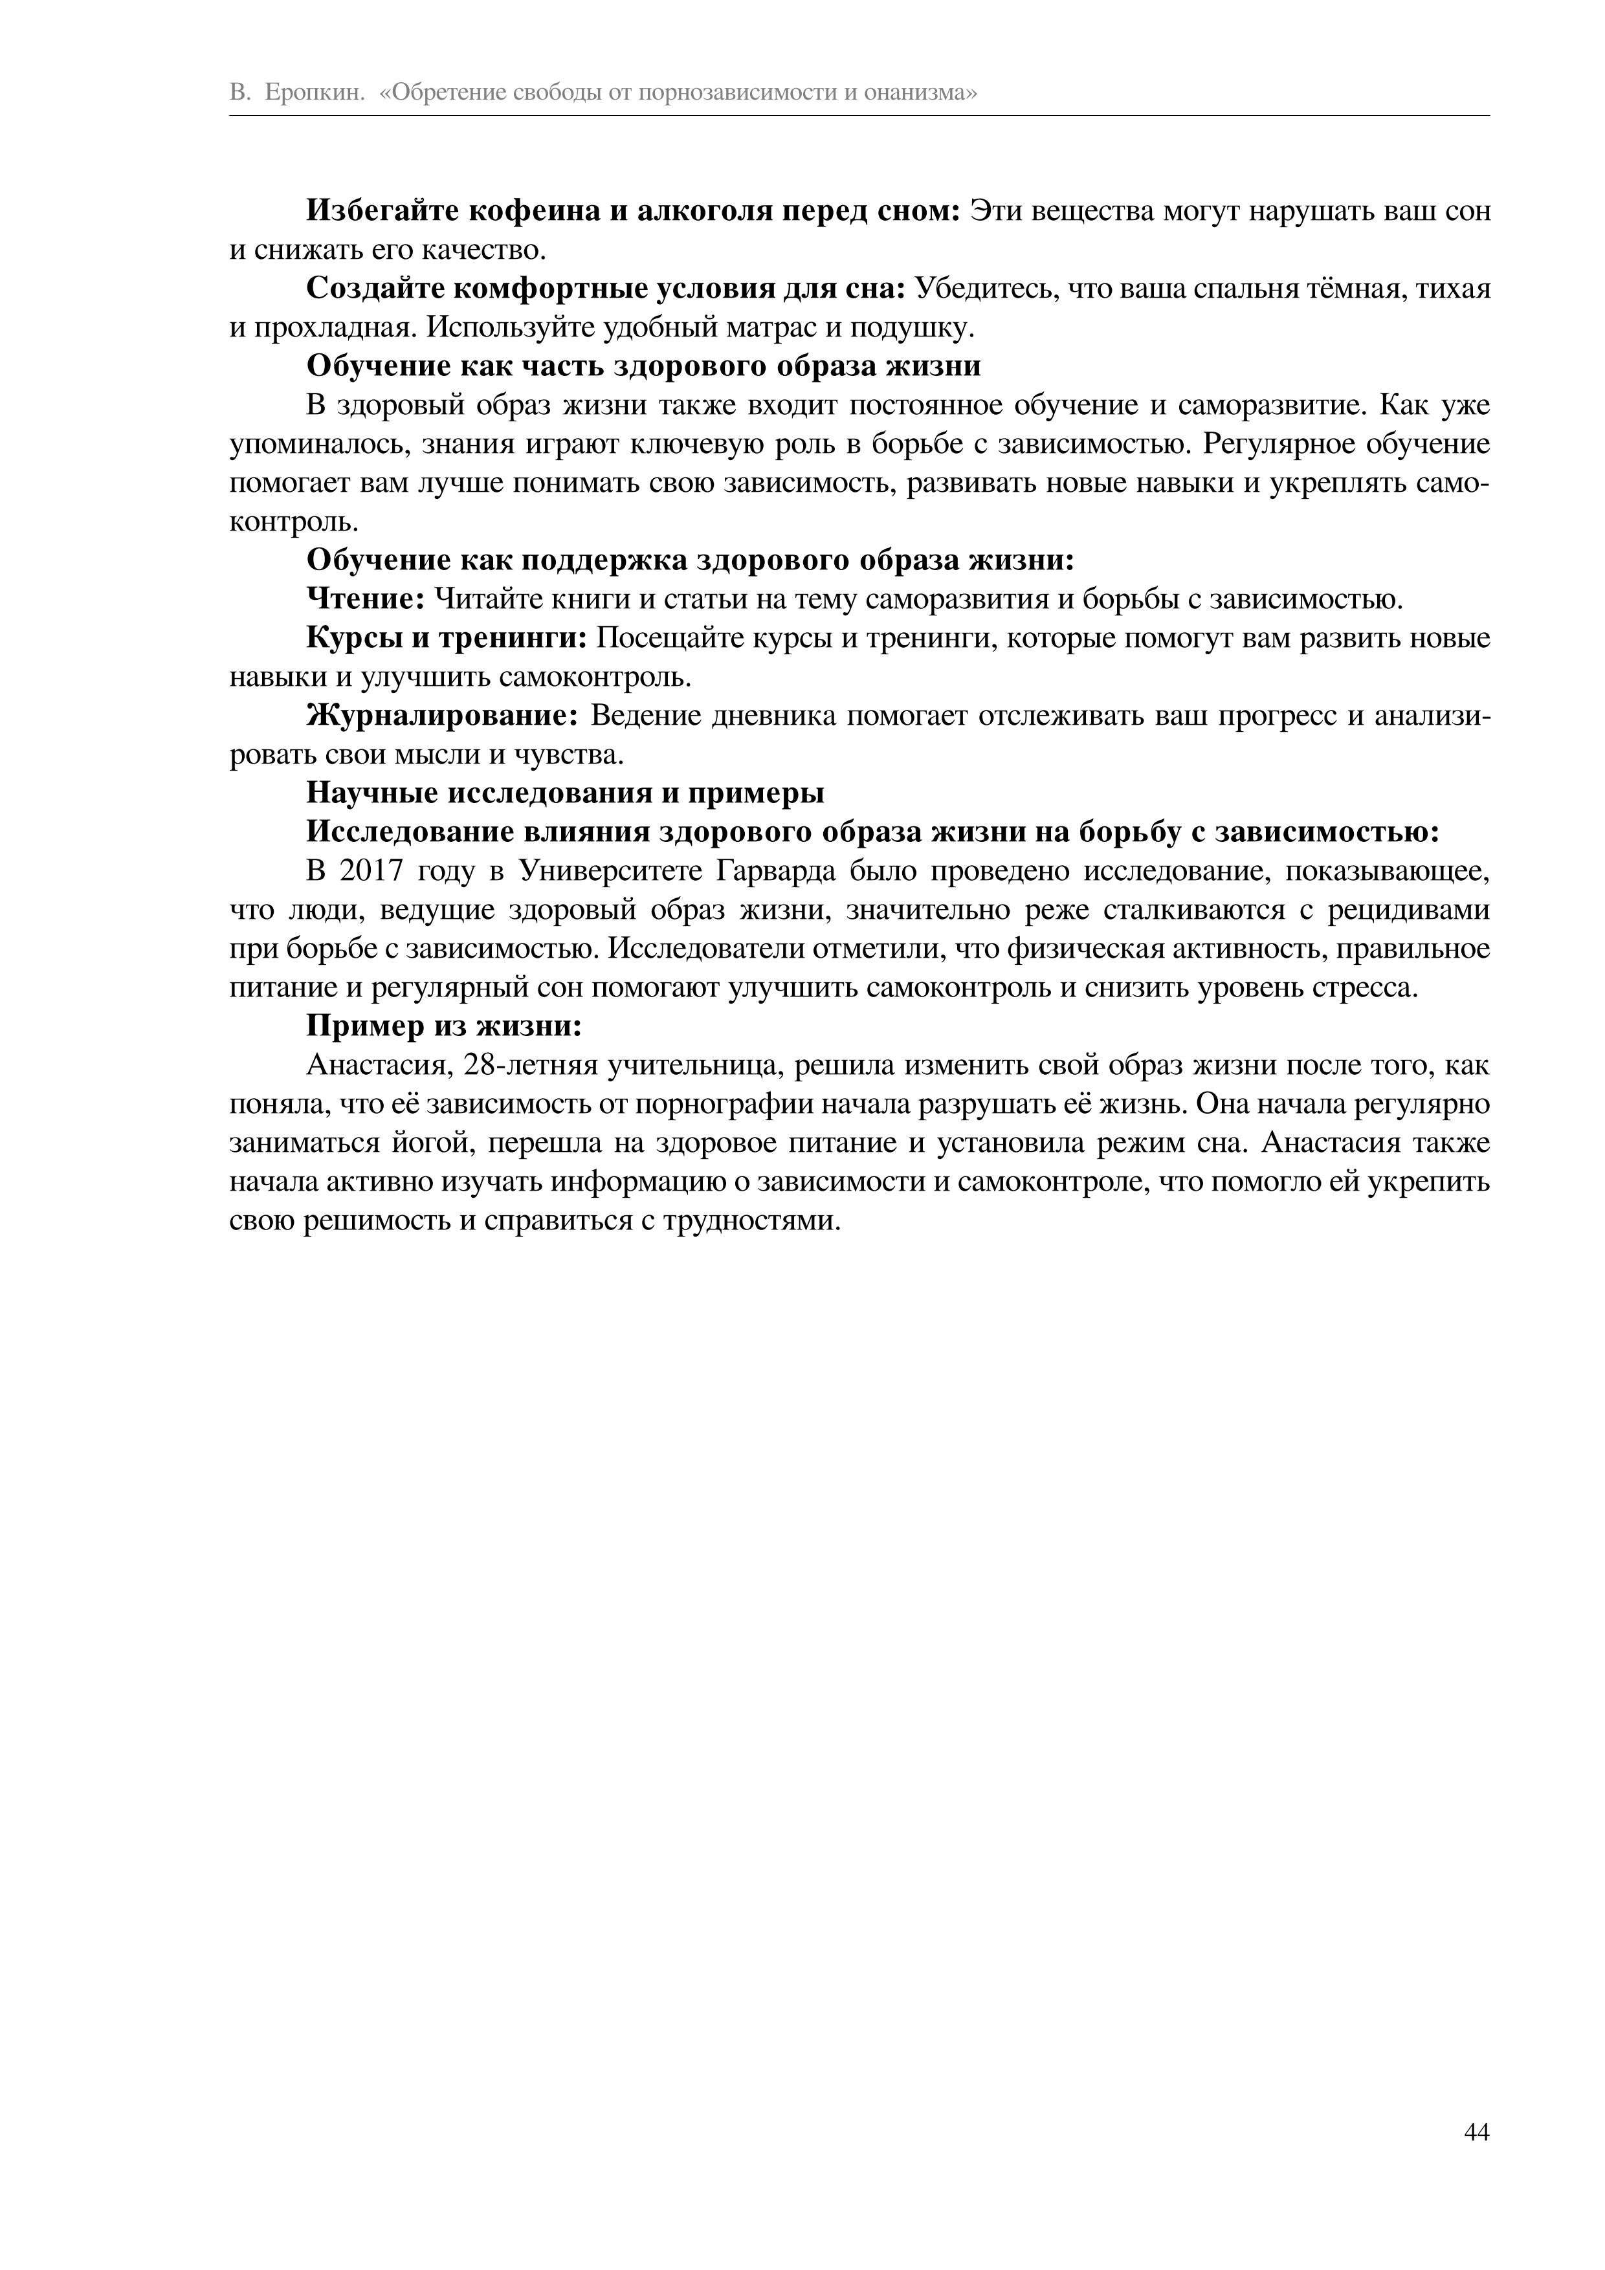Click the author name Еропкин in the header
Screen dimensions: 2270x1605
tap(315, 93)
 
